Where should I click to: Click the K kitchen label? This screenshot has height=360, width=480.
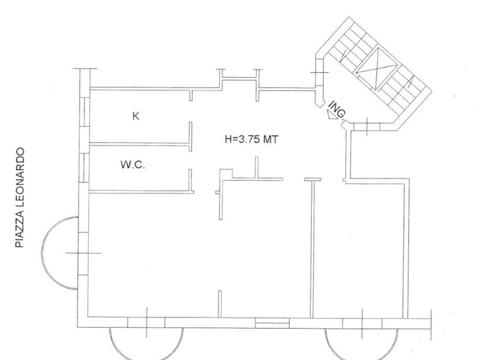tap(136, 116)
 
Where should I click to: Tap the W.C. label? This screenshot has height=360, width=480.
tap(133, 164)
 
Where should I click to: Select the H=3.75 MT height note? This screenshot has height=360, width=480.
tap(251, 140)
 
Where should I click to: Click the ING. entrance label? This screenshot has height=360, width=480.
tap(337, 110)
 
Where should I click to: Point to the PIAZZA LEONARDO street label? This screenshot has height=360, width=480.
tap(20, 197)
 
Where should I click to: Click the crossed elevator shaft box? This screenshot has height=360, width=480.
tap(377, 68)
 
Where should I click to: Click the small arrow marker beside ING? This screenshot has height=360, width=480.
tap(331, 115)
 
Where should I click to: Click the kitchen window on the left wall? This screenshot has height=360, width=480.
tap(85, 112)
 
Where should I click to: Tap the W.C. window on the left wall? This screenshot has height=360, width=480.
tap(85, 168)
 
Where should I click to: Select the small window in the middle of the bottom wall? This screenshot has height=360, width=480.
tap(272, 323)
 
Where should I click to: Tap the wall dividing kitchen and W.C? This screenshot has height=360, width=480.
tap(140, 143)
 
